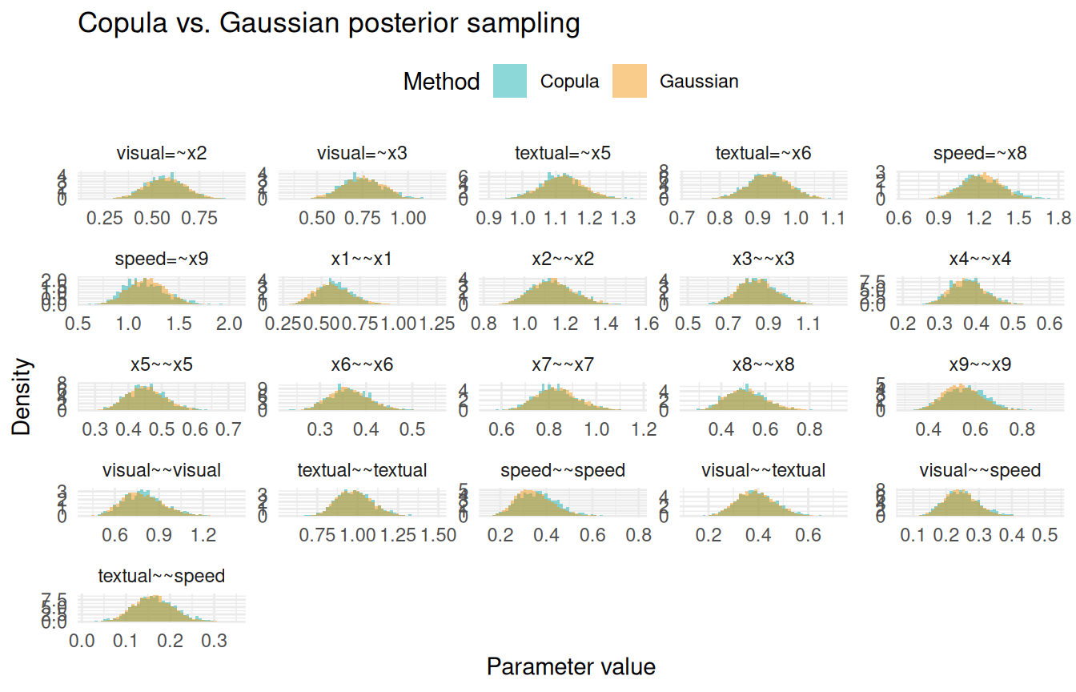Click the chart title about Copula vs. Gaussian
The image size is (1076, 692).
[328, 24]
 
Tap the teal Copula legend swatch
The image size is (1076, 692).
[510, 81]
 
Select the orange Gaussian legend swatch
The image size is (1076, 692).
[629, 81]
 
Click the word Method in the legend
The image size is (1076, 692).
[441, 82]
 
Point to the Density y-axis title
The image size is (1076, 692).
[22, 397]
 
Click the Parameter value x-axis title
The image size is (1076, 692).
[571, 666]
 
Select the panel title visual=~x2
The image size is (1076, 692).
[162, 153]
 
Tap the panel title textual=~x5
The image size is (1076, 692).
[563, 153]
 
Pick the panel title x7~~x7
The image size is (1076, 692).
[563, 364]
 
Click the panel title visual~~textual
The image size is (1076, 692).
[763, 470]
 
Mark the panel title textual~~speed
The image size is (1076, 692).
[162, 576]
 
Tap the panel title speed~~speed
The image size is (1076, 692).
[563, 470]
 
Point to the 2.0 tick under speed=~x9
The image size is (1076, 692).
[229, 324]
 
